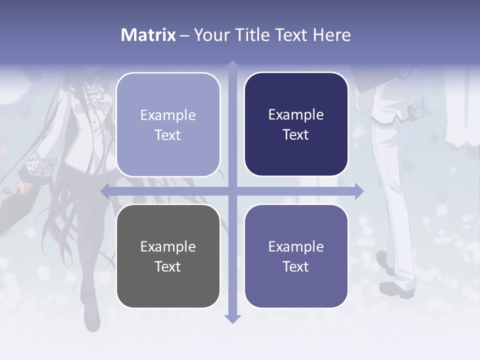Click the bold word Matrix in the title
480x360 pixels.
coord(148,35)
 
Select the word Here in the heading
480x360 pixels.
coord(331,35)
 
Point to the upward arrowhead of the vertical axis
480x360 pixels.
coord(232,65)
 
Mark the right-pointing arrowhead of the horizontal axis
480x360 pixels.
coord(358,191)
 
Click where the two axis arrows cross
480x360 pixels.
coord(232,191)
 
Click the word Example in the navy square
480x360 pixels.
coord(296,114)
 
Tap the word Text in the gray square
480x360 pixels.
coord(167,266)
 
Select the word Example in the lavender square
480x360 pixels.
coord(168,115)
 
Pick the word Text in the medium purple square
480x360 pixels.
coord(296,266)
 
